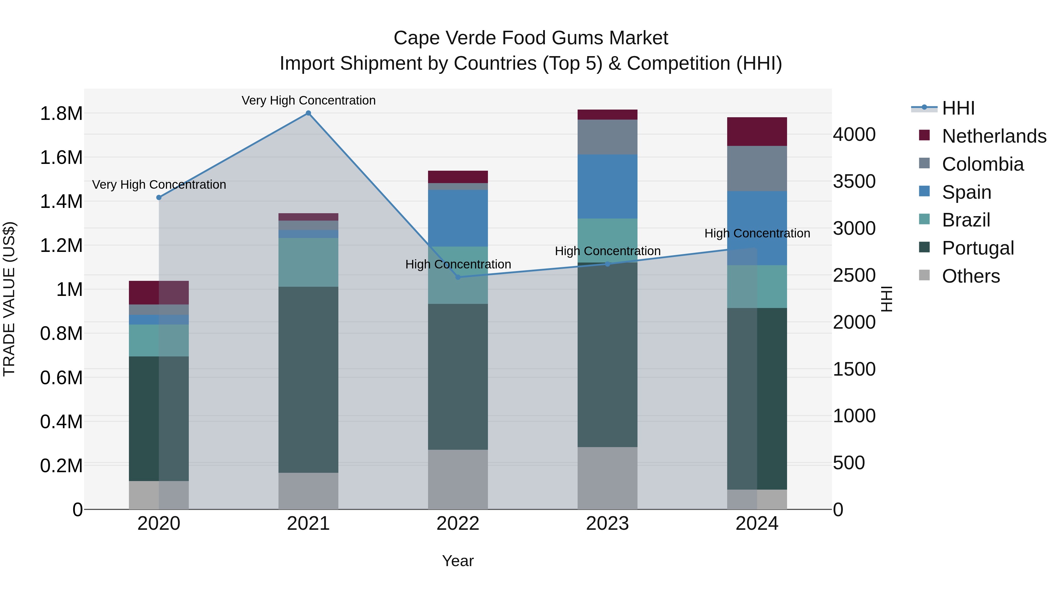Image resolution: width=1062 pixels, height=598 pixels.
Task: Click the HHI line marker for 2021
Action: point(308,113)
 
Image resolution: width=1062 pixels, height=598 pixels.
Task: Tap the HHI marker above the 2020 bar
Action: point(159,197)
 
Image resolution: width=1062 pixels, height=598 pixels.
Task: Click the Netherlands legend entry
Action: point(994,136)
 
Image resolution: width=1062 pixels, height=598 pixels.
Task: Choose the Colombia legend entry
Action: point(982,164)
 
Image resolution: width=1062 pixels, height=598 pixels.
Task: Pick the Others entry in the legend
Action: point(971,276)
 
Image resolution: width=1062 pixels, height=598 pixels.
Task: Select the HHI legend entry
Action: point(958,108)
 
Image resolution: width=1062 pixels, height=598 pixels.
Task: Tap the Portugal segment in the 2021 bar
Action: point(308,380)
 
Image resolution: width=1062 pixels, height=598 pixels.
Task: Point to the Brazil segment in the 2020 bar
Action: point(159,340)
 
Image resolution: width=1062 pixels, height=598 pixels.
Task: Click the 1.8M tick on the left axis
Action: point(61,113)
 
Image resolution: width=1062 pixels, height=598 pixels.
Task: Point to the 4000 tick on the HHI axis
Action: point(854,135)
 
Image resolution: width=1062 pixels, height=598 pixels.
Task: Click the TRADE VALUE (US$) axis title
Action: point(9,299)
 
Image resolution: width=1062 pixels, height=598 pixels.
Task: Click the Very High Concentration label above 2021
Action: point(308,100)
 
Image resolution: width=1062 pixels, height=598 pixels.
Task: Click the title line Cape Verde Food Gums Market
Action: point(531,38)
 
